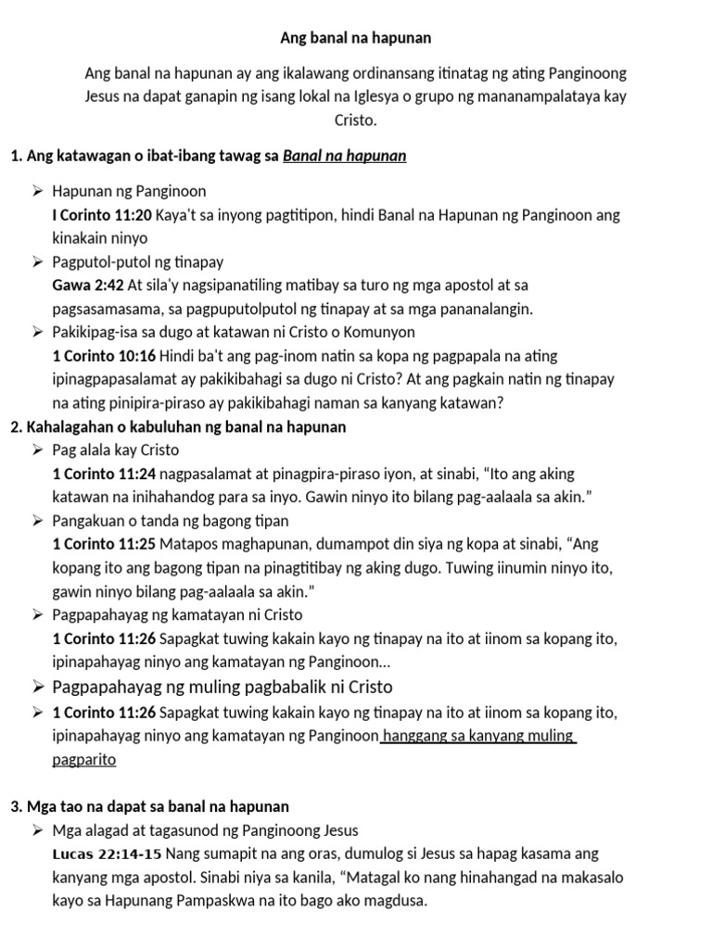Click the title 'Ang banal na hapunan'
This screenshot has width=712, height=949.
356,39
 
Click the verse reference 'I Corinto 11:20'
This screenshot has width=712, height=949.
103,215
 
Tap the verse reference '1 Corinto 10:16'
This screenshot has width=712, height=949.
105,356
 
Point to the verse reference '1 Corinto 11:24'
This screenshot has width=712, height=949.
105,474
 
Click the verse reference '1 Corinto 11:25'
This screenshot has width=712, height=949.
105,544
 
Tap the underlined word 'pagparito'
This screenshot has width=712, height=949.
84,759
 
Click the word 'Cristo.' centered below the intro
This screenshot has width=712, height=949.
356,120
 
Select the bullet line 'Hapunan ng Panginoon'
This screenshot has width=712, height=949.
130,192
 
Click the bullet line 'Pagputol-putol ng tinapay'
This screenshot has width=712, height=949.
138,262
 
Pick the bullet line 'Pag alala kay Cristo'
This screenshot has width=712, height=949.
116,450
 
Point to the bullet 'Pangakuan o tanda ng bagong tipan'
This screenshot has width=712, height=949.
172,521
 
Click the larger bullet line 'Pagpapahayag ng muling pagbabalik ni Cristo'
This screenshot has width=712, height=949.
222,687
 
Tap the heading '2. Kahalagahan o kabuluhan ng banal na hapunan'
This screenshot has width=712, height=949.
178,427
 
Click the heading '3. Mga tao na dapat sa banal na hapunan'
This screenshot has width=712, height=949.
150,807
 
